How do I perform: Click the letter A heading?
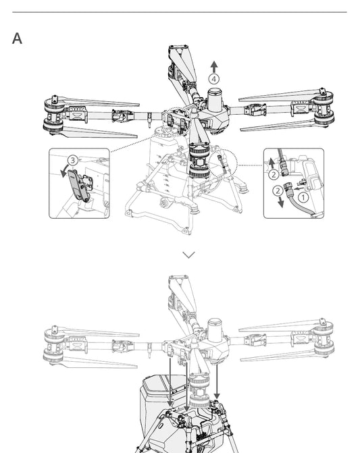17,38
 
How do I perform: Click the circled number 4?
214,79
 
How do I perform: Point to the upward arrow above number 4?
214,67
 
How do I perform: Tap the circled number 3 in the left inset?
73,160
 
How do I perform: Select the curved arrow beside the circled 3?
64,171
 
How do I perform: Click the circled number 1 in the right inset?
303,198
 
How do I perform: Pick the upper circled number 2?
274,174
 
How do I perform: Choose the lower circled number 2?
278,190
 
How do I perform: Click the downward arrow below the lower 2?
280,203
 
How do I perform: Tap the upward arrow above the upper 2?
272,163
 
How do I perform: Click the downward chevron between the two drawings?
188,255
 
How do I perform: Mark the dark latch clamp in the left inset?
76,185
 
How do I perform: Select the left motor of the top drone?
54,115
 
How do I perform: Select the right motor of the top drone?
324,107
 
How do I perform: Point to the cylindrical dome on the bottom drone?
215,329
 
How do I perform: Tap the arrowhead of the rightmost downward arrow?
217,396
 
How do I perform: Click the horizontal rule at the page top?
180,12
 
